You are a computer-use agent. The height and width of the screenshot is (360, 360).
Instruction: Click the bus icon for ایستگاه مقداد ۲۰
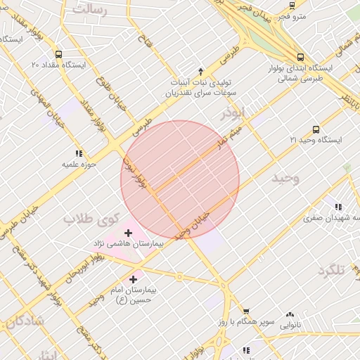(x=58, y=53)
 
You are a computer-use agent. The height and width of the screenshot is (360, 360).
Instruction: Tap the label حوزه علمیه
(x=79, y=165)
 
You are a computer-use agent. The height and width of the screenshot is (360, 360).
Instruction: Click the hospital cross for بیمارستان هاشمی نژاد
(x=128, y=233)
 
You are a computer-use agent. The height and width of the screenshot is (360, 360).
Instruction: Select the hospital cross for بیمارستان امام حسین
(x=133, y=279)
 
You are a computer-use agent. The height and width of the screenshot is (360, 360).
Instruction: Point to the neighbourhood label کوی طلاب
(x=92, y=219)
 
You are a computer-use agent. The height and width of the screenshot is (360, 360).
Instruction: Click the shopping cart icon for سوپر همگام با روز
(x=246, y=311)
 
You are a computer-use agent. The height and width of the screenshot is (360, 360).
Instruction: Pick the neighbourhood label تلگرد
(x=333, y=271)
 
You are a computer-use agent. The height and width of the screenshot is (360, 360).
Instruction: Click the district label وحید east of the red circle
(x=285, y=179)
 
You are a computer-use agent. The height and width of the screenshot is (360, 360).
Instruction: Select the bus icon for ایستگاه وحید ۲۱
(x=316, y=129)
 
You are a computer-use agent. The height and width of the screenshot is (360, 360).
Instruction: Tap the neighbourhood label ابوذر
(x=233, y=112)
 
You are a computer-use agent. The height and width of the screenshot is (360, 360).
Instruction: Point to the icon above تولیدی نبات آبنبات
(x=200, y=71)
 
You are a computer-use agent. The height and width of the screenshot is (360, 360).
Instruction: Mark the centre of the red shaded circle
(x=180, y=179)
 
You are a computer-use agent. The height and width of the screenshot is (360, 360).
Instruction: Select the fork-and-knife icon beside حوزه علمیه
(x=79, y=153)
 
